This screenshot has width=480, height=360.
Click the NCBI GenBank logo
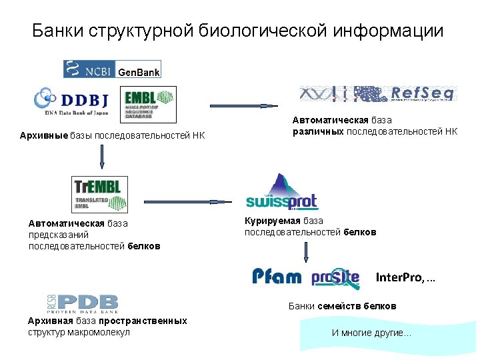(112, 69)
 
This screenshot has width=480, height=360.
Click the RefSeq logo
(377, 94)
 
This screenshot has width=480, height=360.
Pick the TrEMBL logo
(99, 194)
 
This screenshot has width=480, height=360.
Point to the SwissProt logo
(281, 193)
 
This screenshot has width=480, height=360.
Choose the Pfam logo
(277, 277)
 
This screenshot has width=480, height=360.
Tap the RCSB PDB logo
(82, 303)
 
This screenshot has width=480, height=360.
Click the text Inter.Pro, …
(405, 277)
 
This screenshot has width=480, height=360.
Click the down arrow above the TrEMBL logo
(102, 158)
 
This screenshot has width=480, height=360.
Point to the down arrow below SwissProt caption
(306, 252)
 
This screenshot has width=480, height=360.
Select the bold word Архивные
(44, 137)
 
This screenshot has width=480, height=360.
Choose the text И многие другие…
(371, 332)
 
